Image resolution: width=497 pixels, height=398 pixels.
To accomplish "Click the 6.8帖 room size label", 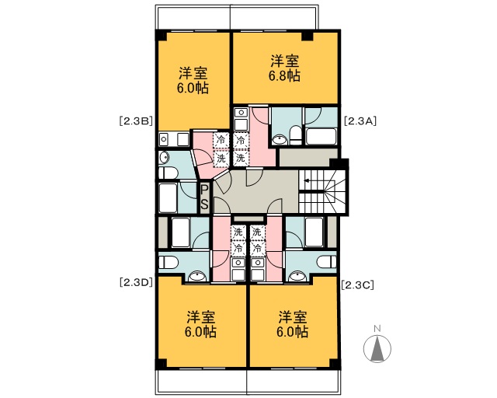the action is [285, 76].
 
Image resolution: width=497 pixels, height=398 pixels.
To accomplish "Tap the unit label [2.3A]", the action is [360, 121].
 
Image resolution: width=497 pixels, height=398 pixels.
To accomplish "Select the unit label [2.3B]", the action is [137, 121].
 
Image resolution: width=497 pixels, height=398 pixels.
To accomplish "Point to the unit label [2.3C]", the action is [358, 285].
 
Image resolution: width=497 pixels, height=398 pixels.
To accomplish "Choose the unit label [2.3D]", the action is [137, 282].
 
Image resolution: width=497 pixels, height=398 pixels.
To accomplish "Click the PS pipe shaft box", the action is [204, 197].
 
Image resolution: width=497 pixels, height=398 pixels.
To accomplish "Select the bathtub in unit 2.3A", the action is [321, 136].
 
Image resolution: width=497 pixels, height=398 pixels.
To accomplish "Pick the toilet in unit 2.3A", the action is [296, 135].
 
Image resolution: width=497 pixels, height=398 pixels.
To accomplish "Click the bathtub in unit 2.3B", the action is [168, 197].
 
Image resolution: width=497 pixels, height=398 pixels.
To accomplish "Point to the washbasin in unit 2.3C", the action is [297, 276].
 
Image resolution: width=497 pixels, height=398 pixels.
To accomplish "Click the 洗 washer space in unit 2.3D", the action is [238, 232].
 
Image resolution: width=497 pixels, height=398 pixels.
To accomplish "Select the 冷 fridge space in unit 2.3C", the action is [257, 248].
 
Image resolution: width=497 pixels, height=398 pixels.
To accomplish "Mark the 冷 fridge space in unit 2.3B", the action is [221, 140].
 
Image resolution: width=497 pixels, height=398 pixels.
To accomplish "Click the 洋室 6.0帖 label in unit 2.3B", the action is [193, 80].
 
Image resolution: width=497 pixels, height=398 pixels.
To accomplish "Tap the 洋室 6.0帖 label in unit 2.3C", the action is [292, 324].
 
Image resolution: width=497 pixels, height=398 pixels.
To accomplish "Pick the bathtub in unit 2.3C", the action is [314, 232].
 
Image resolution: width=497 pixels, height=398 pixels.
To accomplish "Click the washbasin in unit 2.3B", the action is [164, 158].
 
